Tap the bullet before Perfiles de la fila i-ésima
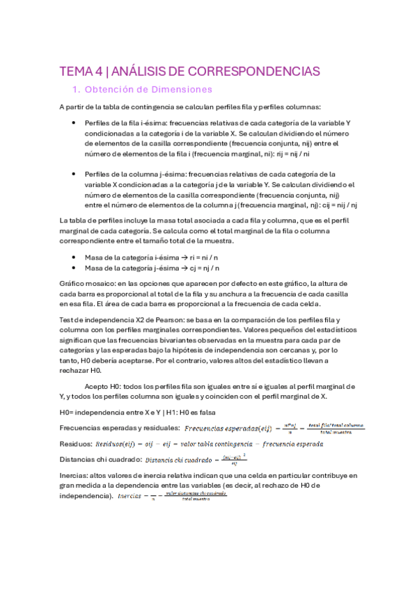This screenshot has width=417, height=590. pyautogui.click(x=74, y=123)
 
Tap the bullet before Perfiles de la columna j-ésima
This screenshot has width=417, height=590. pyautogui.click(x=74, y=174)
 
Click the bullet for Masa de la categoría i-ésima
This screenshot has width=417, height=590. pyautogui.click(x=74, y=257)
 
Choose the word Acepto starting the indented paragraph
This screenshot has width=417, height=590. pyautogui.click(x=97, y=385)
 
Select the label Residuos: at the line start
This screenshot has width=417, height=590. pyautogui.click(x=76, y=442)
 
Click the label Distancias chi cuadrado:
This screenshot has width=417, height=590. pyautogui.click(x=102, y=459)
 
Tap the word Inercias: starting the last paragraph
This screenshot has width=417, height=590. pyautogui.click(x=77, y=475)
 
